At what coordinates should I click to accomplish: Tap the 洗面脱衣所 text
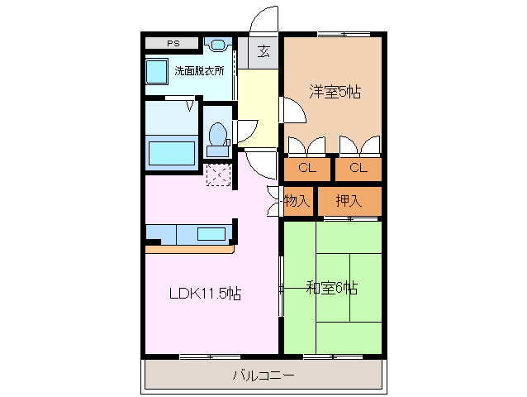pyautogui.click(x=199, y=70)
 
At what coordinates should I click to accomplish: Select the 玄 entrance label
pyautogui.click(x=263, y=51)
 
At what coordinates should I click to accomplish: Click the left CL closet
pyautogui.click(x=307, y=169)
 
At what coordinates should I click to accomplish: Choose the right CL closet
pyautogui.click(x=358, y=169)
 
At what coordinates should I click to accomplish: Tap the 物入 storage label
pyautogui.click(x=297, y=200)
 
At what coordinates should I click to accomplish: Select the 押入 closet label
pyautogui.click(x=349, y=200)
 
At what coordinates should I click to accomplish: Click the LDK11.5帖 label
pyautogui.click(x=205, y=293)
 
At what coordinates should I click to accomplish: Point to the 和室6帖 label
pyautogui.click(x=331, y=288)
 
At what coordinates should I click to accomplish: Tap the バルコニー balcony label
pyautogui.click(x=263, y=375)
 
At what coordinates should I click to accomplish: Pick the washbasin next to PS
pyautogui.click(x=218, y=45)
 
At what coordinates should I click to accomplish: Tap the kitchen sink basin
pyautogui.click(x=211, y=234)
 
